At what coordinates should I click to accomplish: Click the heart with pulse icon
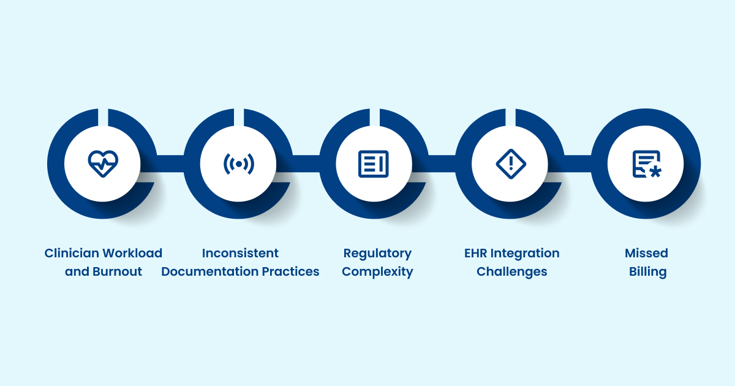click(102, 164)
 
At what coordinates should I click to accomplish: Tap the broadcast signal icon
click(238, 164)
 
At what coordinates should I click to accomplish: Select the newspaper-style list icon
click(374, 164)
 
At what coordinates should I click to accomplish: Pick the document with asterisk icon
click(646, 164)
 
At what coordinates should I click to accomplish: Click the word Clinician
click(72, 253)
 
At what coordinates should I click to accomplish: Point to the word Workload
click(132, 253)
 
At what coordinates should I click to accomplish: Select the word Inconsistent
click(240, 253)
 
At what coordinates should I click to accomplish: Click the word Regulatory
click(377, 253)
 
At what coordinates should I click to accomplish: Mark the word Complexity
click(377, 271)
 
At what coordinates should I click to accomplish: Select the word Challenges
click(512, 271)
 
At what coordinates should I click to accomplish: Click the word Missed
click(646, 253)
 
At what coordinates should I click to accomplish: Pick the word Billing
click(647, 271)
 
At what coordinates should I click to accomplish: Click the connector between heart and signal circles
click(170, 164)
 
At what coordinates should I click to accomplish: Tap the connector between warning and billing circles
click(578, 164)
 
